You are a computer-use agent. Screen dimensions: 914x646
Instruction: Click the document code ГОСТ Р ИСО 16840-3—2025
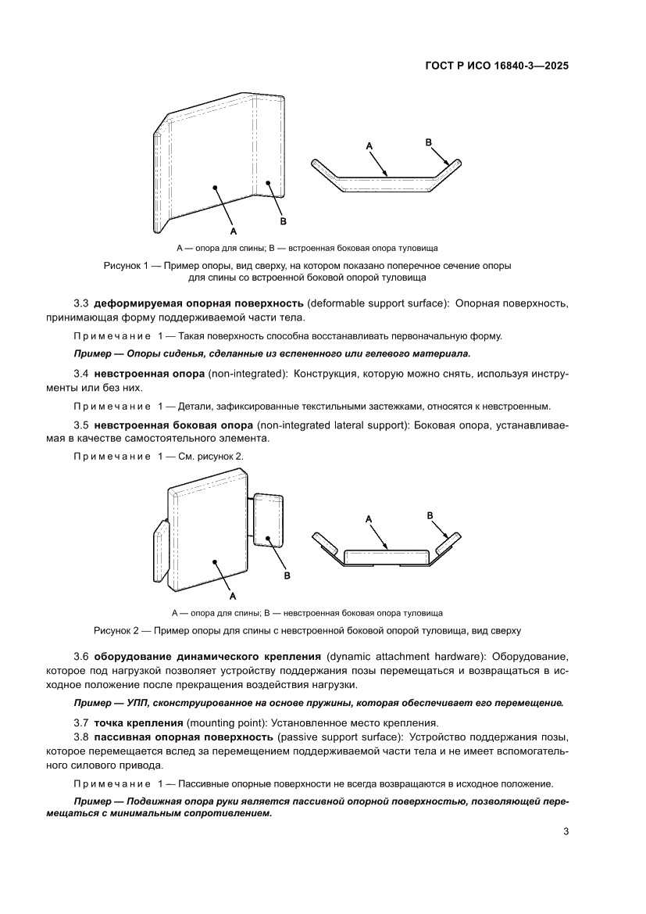495,66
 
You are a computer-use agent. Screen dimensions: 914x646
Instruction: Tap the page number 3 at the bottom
566,831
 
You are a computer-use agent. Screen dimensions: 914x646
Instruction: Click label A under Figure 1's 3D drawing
233,231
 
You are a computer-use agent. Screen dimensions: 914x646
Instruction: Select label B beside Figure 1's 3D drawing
283,221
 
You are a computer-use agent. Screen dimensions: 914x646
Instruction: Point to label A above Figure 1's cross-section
369,146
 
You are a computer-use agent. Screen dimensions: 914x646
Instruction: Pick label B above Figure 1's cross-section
428,142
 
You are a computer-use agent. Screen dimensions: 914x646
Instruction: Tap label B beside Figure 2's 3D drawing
287,575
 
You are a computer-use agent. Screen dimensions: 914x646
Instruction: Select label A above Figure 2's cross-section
369,518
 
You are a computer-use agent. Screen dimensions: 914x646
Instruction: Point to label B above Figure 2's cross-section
430,514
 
